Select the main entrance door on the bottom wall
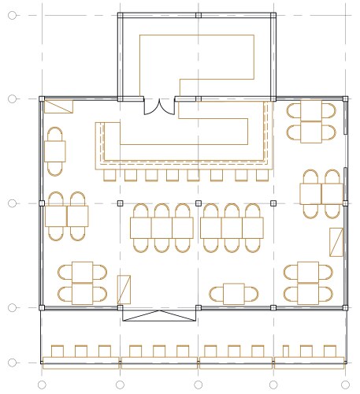point(158,315)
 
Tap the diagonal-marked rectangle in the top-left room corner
point(58,106)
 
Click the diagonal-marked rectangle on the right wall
point(336,242)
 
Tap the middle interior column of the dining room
point(198,203)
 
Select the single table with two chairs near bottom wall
point(234,294)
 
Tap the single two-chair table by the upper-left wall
point(56,150)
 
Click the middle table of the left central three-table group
point(162,227)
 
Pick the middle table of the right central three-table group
point(232,227)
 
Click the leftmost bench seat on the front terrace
point(57,351)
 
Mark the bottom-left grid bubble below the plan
point(42,385)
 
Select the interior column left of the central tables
point(120,203)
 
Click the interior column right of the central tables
point(273,203)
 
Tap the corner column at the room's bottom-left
point(42,307)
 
